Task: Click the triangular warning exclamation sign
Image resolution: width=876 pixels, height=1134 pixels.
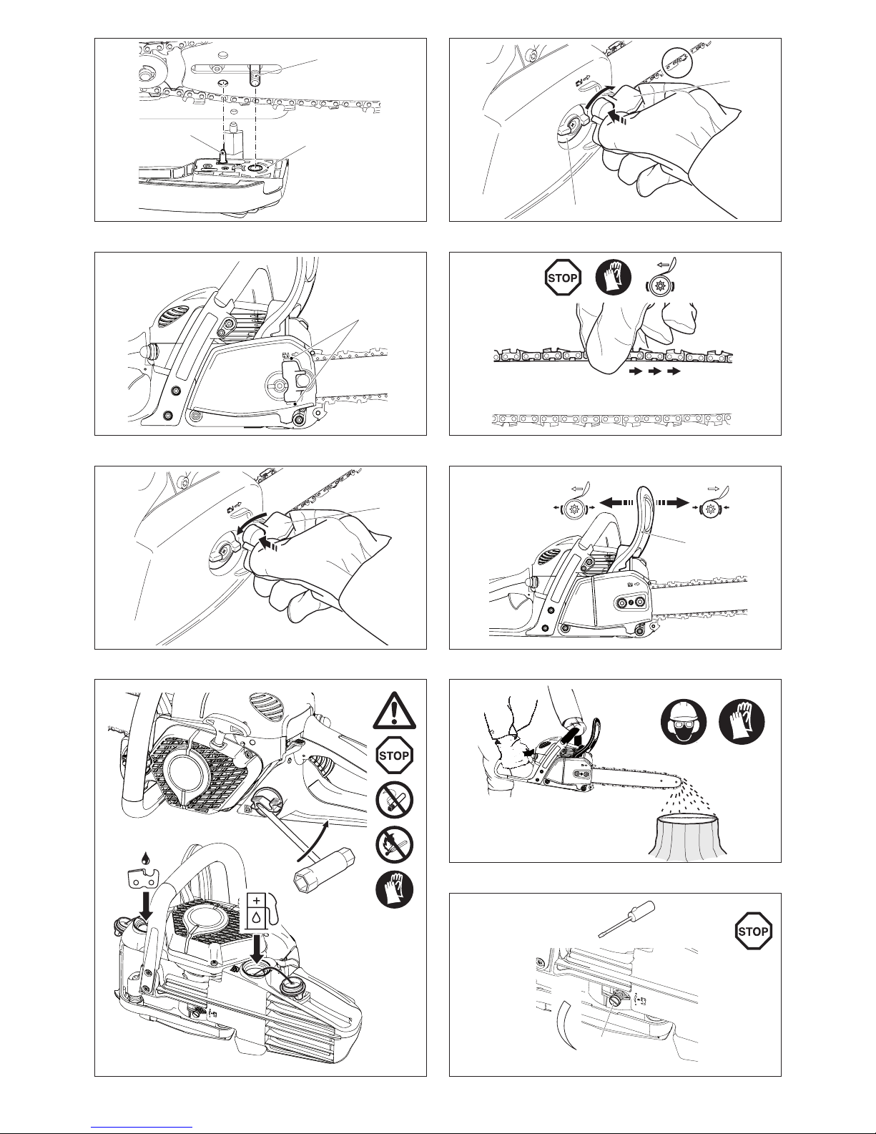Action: point(394,711)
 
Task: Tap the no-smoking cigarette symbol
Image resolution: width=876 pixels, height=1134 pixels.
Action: point(394,800)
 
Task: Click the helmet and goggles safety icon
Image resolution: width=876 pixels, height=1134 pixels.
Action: point(684,723)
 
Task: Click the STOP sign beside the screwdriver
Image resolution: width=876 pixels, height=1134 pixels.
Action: point(753,931)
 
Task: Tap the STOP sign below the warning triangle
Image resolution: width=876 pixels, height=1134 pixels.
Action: point(394,755)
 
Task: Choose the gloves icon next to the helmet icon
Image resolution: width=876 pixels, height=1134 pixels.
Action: point(742,723)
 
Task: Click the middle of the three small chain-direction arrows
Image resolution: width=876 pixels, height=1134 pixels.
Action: point(654,371)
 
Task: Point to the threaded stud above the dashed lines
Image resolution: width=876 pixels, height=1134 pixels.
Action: point(255,74)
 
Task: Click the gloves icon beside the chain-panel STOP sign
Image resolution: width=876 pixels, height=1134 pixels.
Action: point(614,278)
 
